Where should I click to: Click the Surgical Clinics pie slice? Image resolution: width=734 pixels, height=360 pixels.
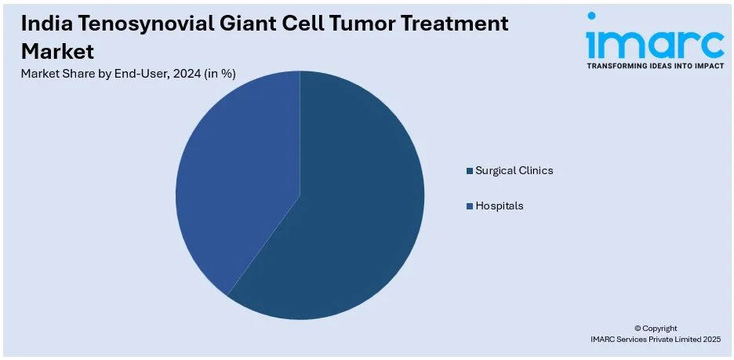point(353,212)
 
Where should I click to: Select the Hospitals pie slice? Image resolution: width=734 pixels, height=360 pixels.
point(235,173)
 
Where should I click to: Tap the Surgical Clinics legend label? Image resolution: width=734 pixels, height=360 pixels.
point(514,170)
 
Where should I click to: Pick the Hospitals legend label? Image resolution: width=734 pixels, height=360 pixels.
point(499,205)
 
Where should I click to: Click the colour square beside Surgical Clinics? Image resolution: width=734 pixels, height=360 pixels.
point(469,171)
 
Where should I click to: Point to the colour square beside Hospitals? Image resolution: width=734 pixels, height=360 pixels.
point(469,206)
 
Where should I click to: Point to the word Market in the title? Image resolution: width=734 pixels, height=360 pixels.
point(57,52)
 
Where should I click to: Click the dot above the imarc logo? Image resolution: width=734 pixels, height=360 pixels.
point(591,16)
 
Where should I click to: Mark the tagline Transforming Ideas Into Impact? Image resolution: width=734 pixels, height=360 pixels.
point(655,67)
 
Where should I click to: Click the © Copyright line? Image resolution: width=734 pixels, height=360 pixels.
point(655,328)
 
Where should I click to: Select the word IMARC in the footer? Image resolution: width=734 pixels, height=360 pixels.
point(606,339)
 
